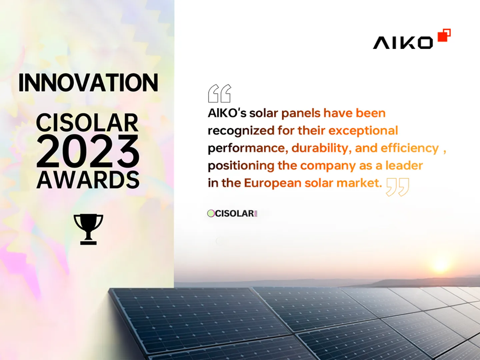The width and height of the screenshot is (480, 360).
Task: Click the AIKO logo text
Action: click(x=403, y=43)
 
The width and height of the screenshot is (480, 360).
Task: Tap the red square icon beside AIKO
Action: click(x=444, y=35)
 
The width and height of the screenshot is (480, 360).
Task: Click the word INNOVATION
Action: click(x=88, y=83)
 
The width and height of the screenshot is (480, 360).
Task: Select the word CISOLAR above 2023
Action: click(x=87, y=122)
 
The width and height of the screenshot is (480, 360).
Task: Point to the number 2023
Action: click(x=88, y=151)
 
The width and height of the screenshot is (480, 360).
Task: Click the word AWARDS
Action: click(x=88, y=180)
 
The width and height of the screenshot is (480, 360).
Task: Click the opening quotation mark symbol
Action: click(x=219, y=94)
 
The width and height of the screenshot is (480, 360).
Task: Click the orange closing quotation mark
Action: click(x=397, y=187)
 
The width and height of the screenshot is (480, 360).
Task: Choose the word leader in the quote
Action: click(x=404, y=166)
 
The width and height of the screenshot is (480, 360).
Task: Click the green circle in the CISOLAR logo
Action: click(x=211, y=213)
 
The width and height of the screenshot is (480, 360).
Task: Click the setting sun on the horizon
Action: click(x=440, y=266)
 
